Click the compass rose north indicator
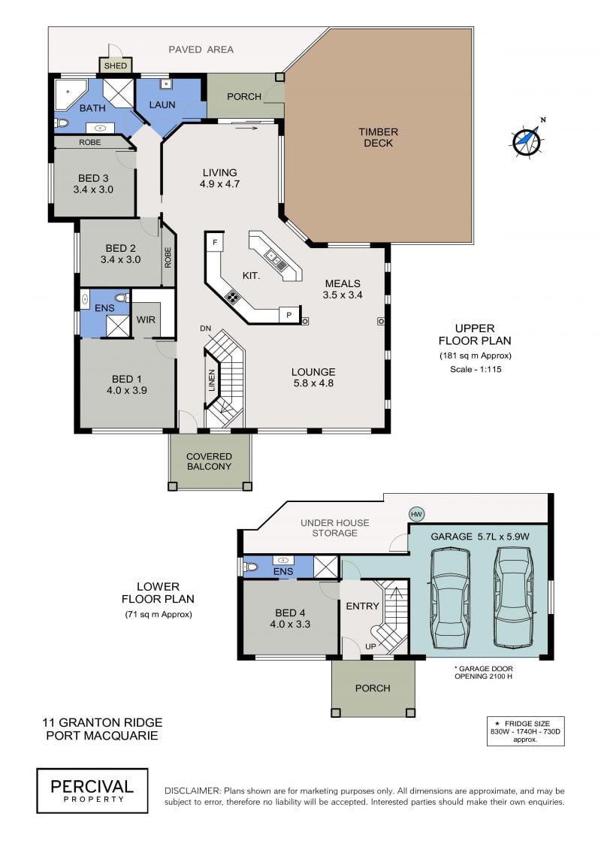tap(527, 139)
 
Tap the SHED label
tap(115, 66)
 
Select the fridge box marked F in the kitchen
tap(215, 242)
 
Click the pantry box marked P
tap(288, 315)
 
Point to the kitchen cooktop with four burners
tap(233, 297)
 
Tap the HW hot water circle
tap(416, 514)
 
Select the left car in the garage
tap(449, 597)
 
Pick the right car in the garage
tap(512, 596)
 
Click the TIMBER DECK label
tap(379, 137)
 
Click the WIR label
tap(146, 320)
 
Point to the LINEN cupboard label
tap(212, 380)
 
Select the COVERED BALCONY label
tap(209, 461)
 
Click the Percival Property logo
tap(92, 791)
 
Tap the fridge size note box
tap(525, 731)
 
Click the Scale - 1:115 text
tap(476, 369)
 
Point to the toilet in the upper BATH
tap(62, 123)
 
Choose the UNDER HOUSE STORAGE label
tap(335, 528)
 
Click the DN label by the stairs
tap(205, 328)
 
